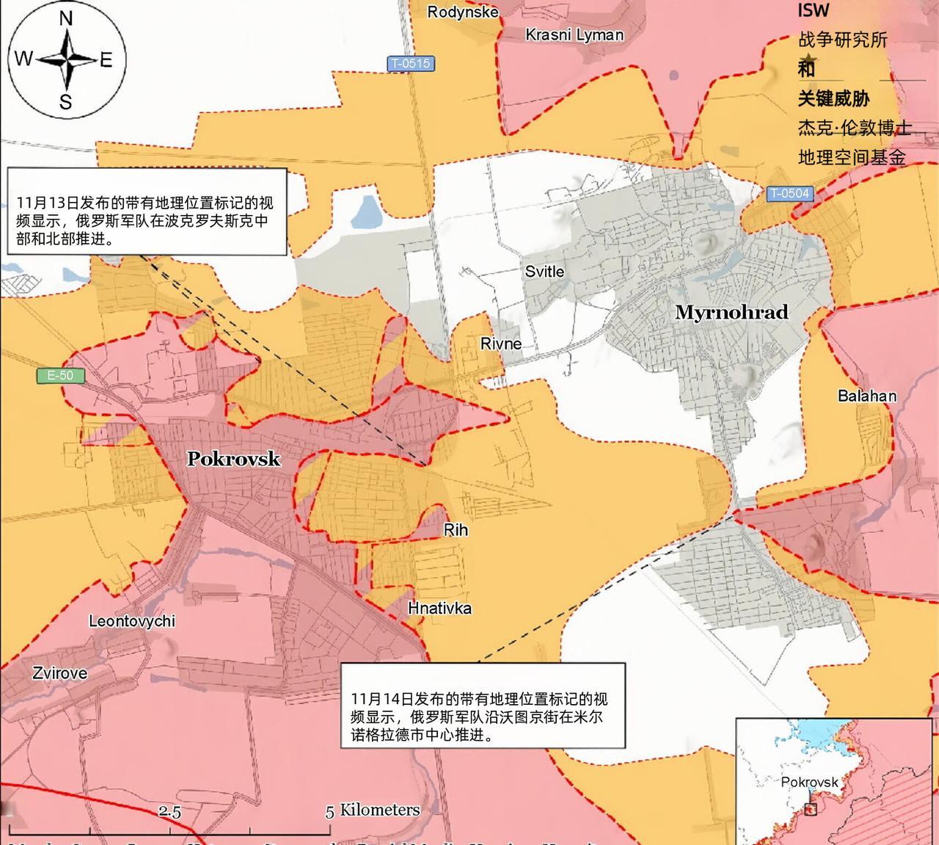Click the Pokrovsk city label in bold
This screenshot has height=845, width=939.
point(233,459)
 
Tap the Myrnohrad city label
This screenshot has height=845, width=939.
point(731,312)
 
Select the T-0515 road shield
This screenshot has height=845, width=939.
point(410,63)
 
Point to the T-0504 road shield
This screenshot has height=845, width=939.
point(789,194)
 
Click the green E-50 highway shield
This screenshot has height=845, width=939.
point(60,376)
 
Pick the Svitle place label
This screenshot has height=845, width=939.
point(544,272)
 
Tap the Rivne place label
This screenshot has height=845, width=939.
point(501,344)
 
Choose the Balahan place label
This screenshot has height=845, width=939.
point(867,396)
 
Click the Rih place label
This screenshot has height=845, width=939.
point(456,530)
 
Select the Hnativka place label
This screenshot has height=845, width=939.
point(439,608)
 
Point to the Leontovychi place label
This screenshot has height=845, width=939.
point(132,621)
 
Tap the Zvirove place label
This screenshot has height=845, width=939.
point(59,672)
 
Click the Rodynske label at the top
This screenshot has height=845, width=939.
point(463,12)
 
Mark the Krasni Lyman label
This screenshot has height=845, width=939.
point(574,35)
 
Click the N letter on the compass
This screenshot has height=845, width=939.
point(66,18)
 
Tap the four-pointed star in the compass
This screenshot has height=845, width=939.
point(66,59)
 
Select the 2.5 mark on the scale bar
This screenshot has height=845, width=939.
point(169,811)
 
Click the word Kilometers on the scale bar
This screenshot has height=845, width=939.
point(379,810)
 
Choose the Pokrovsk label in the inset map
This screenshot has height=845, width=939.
point(809,781)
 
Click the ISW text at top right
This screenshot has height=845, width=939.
point(814,10)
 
